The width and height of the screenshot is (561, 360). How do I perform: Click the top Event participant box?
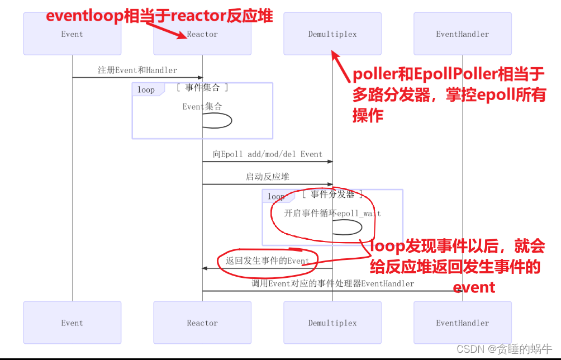click(x=72, y=34)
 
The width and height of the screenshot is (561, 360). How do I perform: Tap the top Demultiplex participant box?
click(x=332, y=34)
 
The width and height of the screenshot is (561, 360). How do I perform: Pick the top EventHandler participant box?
click(x=462, y=34)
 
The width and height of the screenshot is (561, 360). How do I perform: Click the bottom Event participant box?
click(x=72, y=323)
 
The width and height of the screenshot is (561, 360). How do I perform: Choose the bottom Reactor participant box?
click(x=202, y=323)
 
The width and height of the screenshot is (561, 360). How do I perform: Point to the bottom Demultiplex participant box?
click(x=332, y=323)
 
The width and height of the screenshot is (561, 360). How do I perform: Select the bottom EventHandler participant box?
click(x=462, y=323)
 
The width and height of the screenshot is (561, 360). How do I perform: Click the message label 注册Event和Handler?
click(x=137, y=70)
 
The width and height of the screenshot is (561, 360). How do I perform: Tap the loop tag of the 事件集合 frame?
click(x=146, y=89)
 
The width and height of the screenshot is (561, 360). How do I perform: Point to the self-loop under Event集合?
click(x=216, y=120)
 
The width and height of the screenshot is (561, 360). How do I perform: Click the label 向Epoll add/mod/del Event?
click(x=268, y=154)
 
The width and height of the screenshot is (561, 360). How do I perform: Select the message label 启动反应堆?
click(x=268, y=177)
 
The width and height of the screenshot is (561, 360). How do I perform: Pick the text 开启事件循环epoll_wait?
click(x=332, y=213)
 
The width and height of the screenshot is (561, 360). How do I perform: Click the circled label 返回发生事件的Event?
click(x=267, y=260)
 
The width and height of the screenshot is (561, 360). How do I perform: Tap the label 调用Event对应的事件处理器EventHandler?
click(x=332, y=283)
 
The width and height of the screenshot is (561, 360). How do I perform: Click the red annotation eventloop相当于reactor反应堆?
click(x=159, y=16)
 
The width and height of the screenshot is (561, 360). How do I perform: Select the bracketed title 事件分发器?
click(x=332, y=195)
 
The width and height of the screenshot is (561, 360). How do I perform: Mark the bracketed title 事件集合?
click(x=202, y=88)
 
